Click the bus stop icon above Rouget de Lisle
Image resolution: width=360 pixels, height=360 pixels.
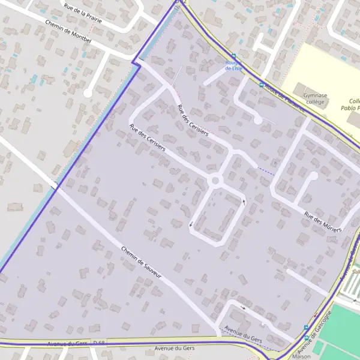pos(233,56)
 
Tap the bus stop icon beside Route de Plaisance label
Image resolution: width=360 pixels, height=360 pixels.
pos(261,85)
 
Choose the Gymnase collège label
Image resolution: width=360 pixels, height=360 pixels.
pos(315,98)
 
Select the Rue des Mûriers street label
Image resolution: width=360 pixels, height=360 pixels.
pos(323,221)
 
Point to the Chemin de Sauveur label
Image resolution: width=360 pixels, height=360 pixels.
pos(142,262)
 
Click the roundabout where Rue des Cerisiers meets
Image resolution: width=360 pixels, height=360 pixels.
pos(215,180)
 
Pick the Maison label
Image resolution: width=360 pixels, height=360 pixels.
pos(301,356)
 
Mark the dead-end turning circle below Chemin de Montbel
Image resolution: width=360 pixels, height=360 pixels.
pos(88,93)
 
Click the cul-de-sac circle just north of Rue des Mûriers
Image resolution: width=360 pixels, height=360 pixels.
pos(313,176)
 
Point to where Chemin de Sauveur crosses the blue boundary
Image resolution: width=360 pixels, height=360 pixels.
pos(57,187)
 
